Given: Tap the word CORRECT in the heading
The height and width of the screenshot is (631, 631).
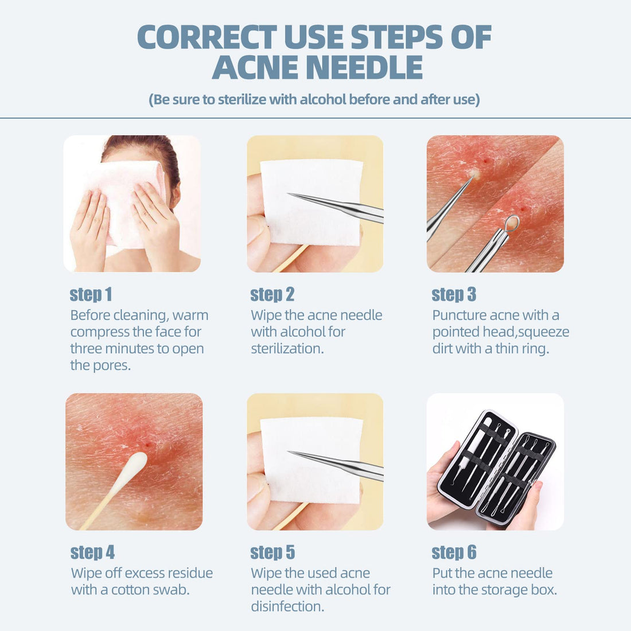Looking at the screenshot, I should (x=207, y=37).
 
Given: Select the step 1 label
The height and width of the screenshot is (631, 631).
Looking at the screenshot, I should (x=91, y=294).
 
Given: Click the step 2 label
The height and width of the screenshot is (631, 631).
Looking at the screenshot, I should (x=272, y=294).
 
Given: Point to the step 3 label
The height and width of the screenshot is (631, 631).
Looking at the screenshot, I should (x=454, y=294).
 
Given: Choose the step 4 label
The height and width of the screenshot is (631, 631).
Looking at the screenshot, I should (x=92, y=552).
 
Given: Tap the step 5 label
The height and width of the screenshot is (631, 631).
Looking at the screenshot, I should (x=272, y=552).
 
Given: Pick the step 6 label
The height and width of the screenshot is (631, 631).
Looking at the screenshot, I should (x=454, y=552).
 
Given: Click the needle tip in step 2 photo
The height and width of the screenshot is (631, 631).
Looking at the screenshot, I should (x=290, y=194).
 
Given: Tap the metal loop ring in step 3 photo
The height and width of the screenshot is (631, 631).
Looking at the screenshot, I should (x=512, y=223).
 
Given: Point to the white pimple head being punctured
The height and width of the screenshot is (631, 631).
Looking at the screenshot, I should (x=473, y=173).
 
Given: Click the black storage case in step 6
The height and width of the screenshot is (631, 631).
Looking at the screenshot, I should (x=496, y=468).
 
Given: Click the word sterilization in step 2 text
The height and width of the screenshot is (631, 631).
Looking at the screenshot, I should (x=287, y=348).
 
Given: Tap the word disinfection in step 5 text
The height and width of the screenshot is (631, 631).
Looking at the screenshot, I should (x=287, y=606).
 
